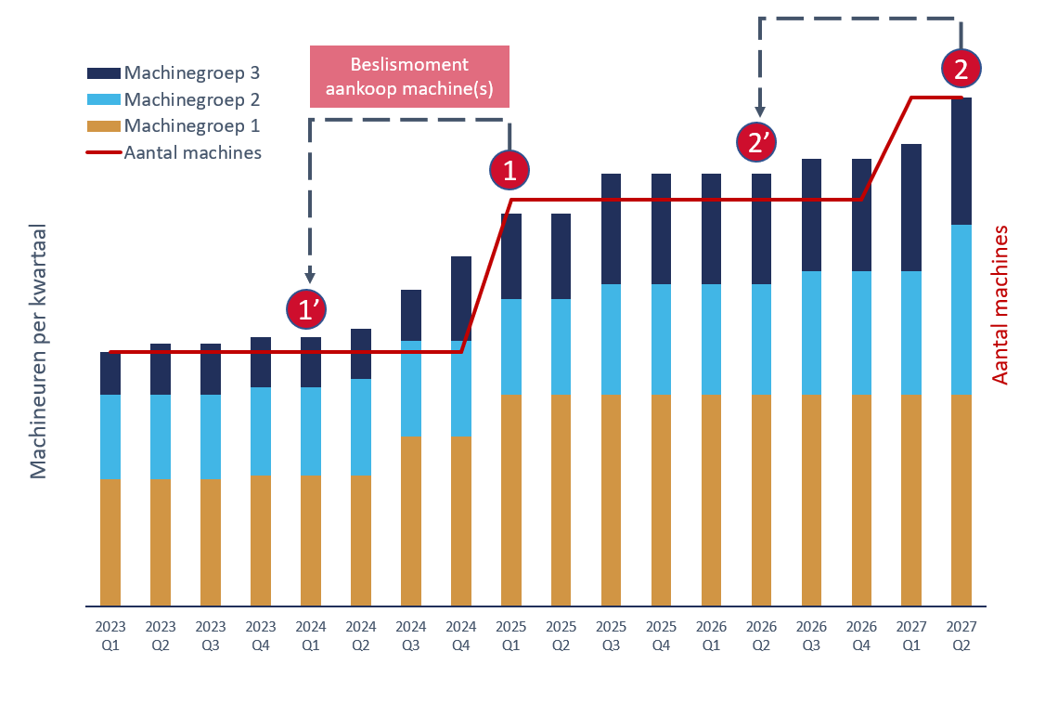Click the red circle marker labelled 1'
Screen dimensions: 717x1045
pyautogui.click(x=309, y=310)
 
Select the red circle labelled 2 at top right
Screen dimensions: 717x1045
pyautogui.click(x=961, y=69)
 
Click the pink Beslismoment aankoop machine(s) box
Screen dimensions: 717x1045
pyautogui.click(x=409, y=77)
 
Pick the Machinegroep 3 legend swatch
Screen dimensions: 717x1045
pyautogui.click(x=103, y=73)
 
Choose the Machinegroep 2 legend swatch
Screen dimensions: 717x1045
pyautogui.click(x=103, y=99)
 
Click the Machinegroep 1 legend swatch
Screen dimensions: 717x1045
pyautogui.click(x=103, y=126)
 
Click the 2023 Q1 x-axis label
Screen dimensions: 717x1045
pyautogui.click(x=110, y=636)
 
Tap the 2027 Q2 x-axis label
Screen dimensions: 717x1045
pyautogui.click(x=961, y=636)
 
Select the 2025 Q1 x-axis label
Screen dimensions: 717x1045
pyautogui.click(x=510, y=636)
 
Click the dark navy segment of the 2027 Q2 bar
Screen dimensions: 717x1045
pyautogui.click(x=961, y=161)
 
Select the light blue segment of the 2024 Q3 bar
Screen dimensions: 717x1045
pyautogui.click(x=411, y=388)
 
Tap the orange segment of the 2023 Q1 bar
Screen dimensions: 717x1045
pyautogui.click(x=110, y=541)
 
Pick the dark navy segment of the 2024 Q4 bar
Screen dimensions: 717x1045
pyautogui.click(x=461, y=298)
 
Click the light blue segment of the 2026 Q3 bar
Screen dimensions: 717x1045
pyautogui.click(x=811, y=332)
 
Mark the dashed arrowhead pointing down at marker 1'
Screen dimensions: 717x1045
pyautogui.click(x=310, y=277)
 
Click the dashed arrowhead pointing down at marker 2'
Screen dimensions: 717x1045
pyautogui.click(x=760, y=109)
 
